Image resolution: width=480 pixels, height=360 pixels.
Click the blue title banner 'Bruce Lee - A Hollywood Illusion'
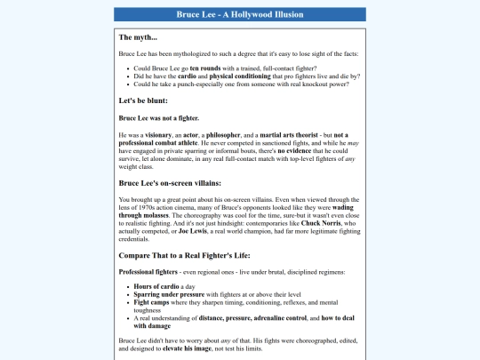click(x=240, y=14)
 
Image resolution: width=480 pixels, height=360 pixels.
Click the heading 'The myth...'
click(x=138, y=37)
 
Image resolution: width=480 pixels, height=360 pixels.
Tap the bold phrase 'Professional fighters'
click(x=148, y=271)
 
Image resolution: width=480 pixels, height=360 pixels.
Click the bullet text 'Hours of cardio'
click(x=156, y=287)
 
